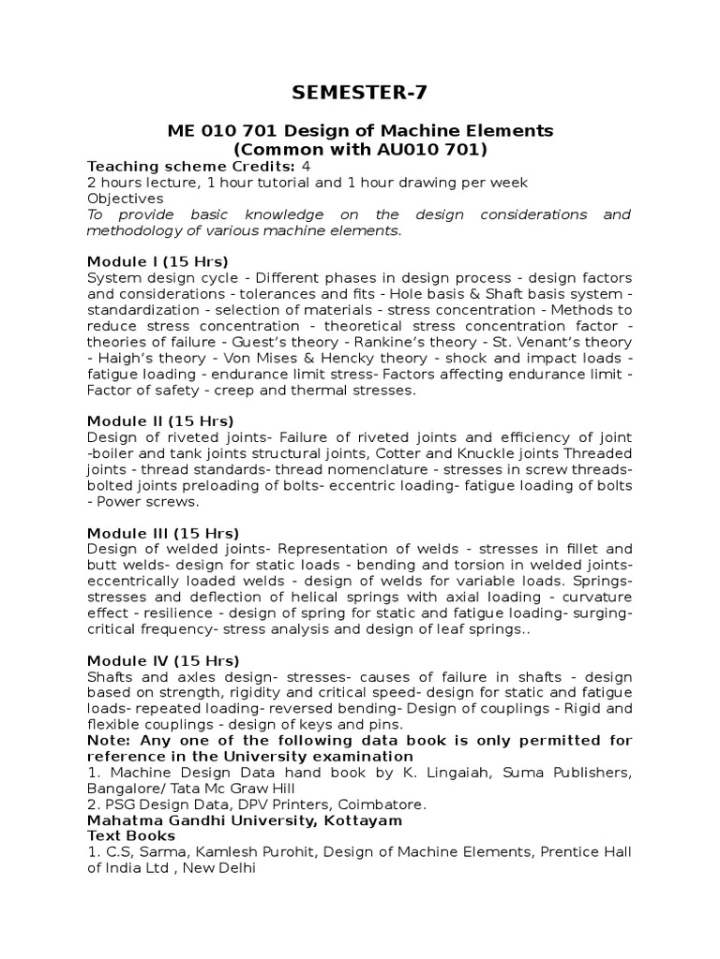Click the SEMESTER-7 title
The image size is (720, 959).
359,91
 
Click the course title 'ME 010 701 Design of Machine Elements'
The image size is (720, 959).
359,130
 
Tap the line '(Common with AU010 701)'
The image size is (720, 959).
359,149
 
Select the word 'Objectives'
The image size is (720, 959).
125,199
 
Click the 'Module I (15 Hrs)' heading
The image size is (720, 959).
157,261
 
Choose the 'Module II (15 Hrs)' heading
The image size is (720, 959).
160,420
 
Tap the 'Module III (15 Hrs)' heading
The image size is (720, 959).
163,532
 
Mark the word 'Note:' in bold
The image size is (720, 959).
109,741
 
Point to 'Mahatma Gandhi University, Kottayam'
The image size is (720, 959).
245,820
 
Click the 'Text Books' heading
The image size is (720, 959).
131,836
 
